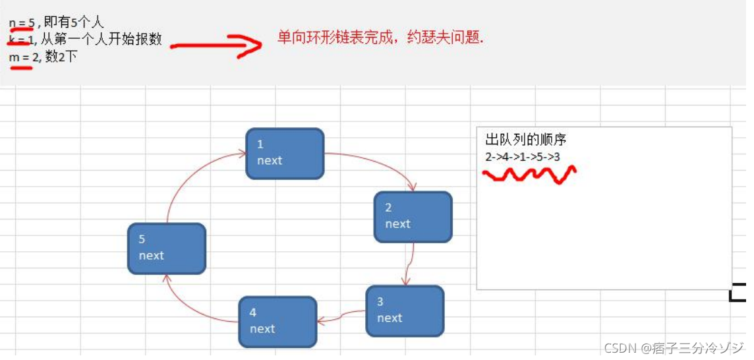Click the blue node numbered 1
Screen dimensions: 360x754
(x=285, y=153)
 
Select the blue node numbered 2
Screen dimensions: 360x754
(x=413, y=216)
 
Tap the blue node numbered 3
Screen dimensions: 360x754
(x=405, y=311)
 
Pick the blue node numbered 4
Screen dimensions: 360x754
(x=277, y=321)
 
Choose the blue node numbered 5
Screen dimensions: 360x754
(x=167, y=248)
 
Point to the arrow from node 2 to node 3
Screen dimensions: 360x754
(x=409, y=264)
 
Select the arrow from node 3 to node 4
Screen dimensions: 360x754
(x=341, y=317)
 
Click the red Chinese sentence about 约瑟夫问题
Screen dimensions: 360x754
(x=380, y=39)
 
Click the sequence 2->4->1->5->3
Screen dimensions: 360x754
(x=523, y=157)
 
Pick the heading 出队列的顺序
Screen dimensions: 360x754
(x=525, y=140)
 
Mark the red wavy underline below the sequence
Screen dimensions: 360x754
(x=529, y=175)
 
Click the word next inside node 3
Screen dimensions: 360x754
(x=390, y=318)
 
